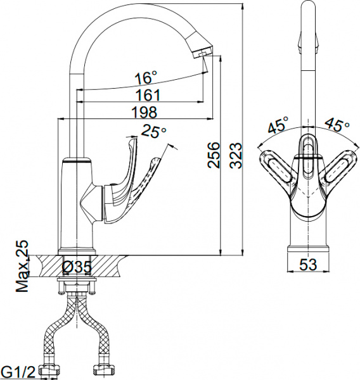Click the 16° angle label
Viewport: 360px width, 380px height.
145,79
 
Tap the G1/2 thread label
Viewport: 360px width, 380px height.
16,370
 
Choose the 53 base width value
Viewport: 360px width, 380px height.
307,266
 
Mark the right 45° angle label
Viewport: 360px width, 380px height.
337,124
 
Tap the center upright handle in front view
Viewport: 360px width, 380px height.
308,155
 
